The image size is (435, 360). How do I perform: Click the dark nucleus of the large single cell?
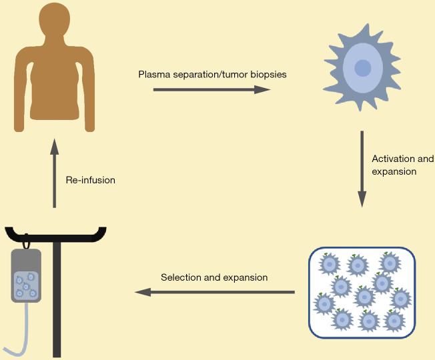pos(362,68)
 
